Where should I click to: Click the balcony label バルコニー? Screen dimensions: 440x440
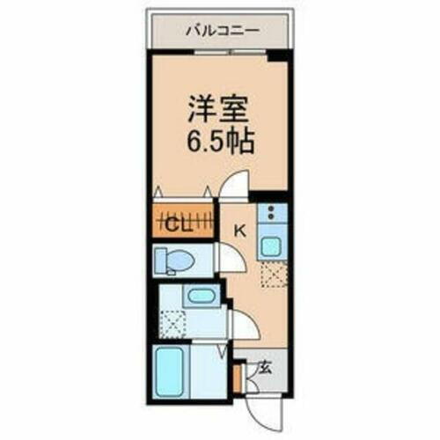[221, 30]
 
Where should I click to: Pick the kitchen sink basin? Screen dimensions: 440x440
[272, 246]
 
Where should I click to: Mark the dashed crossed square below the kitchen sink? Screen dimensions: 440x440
[273, 275]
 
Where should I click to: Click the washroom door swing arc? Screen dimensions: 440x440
[244, 326]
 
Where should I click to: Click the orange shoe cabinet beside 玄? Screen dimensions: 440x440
[238, 377]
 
